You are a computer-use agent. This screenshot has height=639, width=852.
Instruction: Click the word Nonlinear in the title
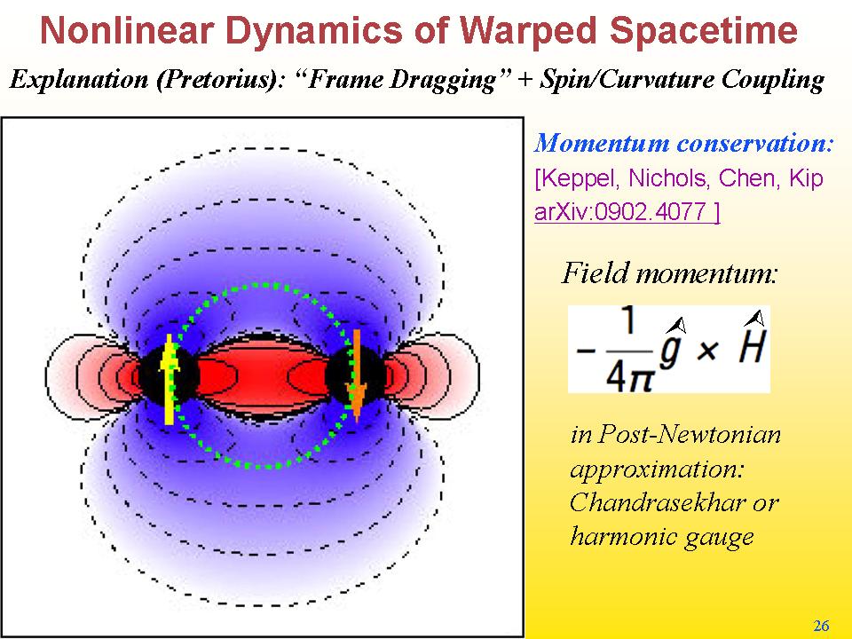coord(126,30)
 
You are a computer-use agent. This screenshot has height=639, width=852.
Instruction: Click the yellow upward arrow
coord(169,379)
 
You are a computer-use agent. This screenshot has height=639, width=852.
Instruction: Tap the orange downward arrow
coord(357,375)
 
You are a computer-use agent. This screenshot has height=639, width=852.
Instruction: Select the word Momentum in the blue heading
coord(602,144)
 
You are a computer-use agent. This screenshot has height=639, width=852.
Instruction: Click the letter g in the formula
coord(672,347)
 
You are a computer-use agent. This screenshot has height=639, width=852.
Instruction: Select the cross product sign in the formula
coord(706,351)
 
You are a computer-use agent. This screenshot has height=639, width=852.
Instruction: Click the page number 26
coord(821,626)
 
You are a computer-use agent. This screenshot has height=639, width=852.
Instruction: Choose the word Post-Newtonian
coord(689,434)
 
